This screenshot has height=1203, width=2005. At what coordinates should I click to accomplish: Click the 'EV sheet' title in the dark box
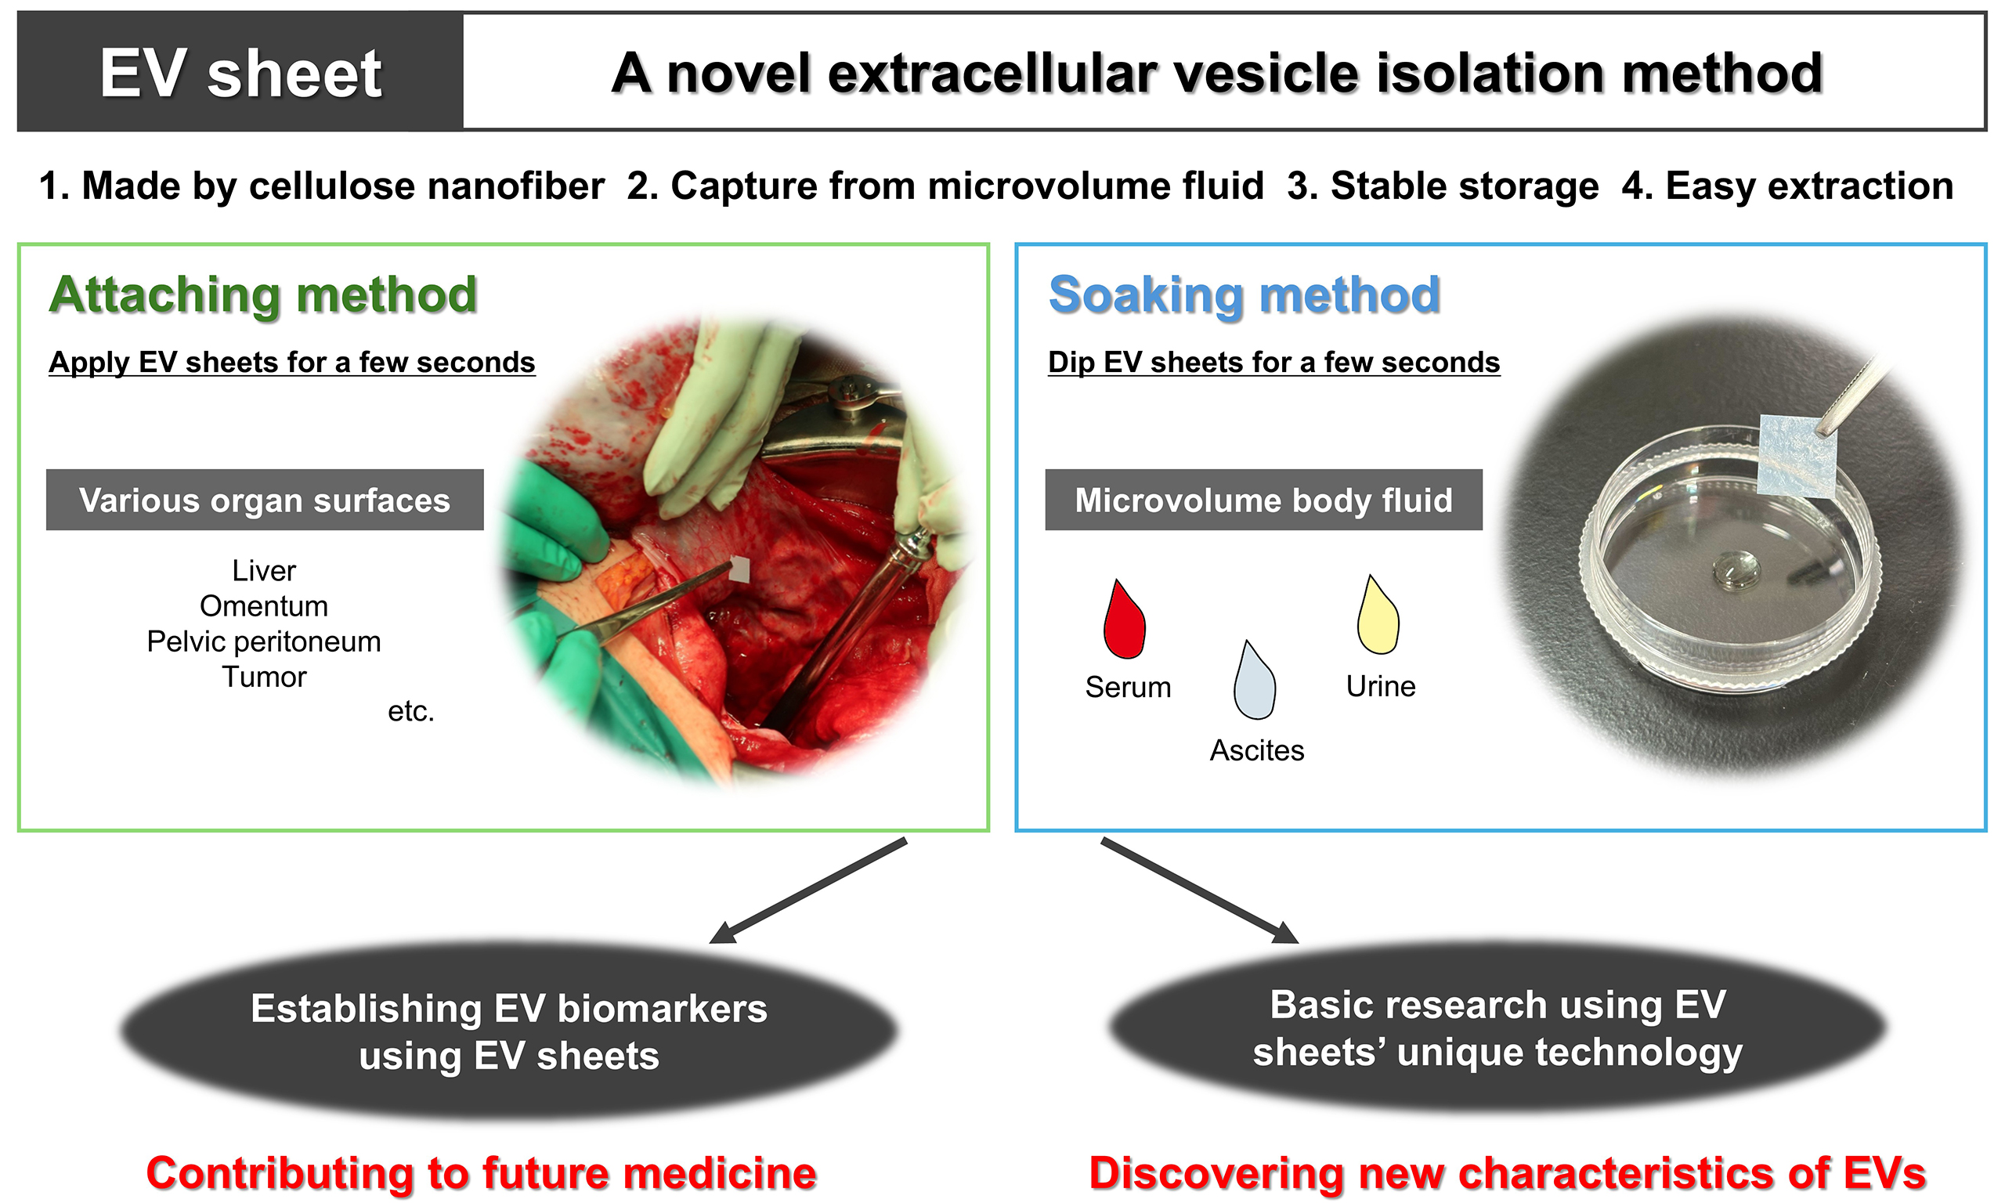pos(240,73)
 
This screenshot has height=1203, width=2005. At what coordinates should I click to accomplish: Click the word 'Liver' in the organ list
pos(263,571)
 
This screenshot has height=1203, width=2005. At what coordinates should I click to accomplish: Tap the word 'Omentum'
pos(263,606)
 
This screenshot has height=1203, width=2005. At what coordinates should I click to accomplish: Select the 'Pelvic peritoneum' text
pos(263,641)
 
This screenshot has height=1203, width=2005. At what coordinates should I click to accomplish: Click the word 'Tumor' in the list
pos(263,677)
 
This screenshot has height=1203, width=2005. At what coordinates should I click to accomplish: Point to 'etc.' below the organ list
pos(411,711)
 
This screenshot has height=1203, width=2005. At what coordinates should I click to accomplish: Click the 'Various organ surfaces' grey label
pos(264,500)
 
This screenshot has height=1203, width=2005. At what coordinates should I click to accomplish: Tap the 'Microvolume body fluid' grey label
pos(1263,500)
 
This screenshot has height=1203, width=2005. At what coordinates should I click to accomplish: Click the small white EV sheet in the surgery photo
pos(739,569)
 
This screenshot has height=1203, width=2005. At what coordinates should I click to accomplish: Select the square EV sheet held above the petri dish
pos(1795,456)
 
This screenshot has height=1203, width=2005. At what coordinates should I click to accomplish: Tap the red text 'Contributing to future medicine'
pos(481,1173)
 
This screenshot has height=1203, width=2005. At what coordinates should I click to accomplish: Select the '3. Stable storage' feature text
pos(1443,186)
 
